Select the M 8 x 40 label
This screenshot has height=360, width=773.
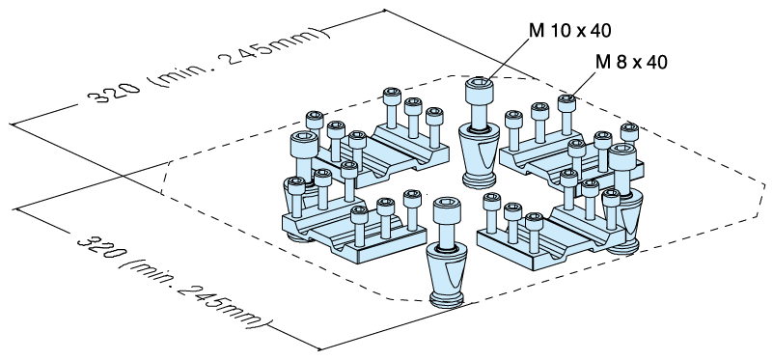tap(632, 62)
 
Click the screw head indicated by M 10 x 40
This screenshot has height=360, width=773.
tap(480, 91)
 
